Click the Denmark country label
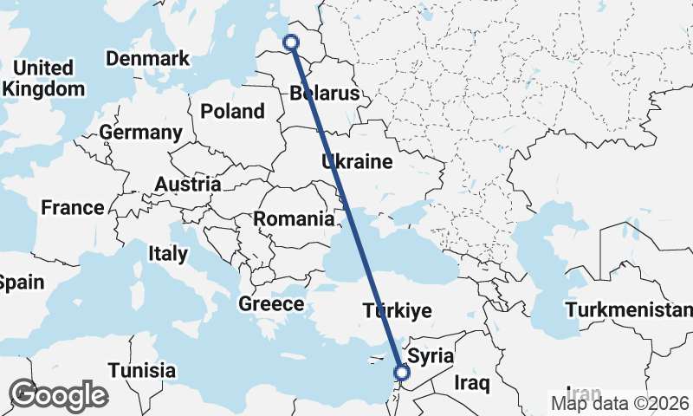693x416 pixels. [147, 58]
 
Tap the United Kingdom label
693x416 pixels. [43, 78]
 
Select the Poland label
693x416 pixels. [232, 111]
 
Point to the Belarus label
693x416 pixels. [325, 93]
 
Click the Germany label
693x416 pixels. [140, 133]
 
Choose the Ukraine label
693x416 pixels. [357, 162]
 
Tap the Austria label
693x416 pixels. [187, 185]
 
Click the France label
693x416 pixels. [73, 208]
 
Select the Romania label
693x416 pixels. [294, 219]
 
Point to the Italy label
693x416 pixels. [168, 254]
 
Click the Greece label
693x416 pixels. [271, 304]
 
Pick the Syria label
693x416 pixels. [431, 355]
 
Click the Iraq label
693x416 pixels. [472, 382]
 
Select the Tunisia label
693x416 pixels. [142, 371]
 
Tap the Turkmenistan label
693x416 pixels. [629, 310]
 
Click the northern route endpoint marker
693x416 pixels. [291, 41]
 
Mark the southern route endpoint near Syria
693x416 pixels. [402, 373]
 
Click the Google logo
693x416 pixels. [58, 395]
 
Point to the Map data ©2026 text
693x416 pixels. [619, 402]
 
